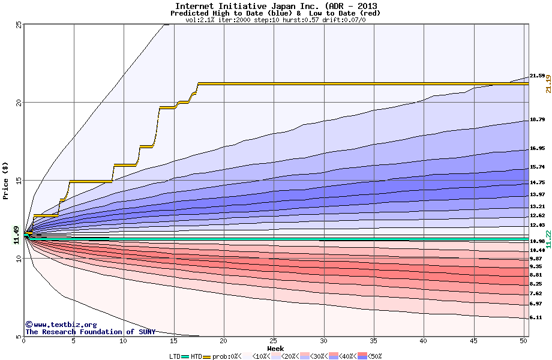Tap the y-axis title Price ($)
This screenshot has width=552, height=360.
pos(6,181)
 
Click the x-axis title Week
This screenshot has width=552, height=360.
pos(276,348)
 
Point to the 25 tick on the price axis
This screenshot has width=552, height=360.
pos(19,24)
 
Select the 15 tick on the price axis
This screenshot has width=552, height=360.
pos(19,180)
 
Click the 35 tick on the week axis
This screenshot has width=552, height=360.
pos(374,341)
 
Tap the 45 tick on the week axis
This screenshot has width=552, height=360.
pos(474,341)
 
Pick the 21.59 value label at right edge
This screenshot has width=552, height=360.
pos(537,76)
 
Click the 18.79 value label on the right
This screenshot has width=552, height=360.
pos(537,120)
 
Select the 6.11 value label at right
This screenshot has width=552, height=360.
pos(536,317)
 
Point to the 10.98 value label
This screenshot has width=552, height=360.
pos(537,241)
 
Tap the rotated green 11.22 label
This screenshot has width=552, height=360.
pos(548,238)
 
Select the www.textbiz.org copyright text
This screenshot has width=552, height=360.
pos(61,325)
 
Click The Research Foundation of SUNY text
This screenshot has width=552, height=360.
pos(90,332)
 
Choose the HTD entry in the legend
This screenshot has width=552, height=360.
pos(197,356)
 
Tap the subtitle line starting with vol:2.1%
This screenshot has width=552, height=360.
pos(276,20)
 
